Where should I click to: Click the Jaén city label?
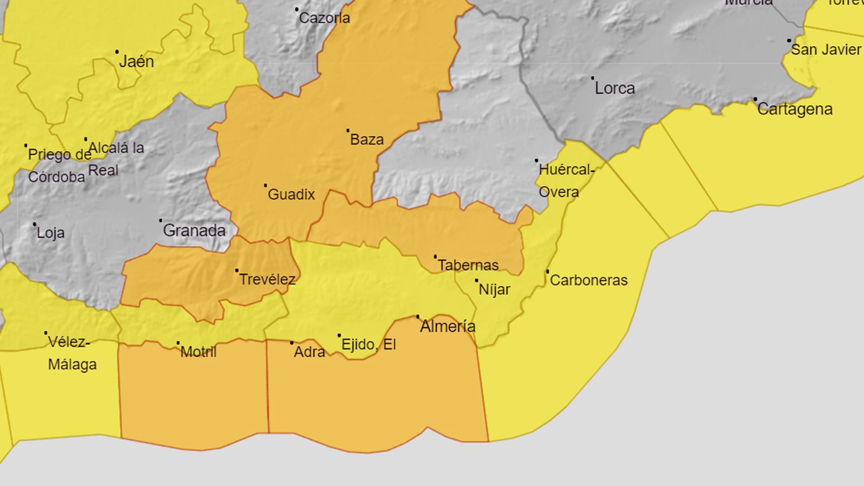pyautogui.click(x=137, y=62)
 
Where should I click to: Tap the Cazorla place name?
pyautogui.click(x=325, y=18)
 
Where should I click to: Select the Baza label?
pyautogui.click(x=367, y=139)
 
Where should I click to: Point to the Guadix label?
pyautogui.click(x=291, y=194)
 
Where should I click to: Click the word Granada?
pyautogui.click(x=194, y=231)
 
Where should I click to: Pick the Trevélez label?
pyautogui.click(x=267, y=279)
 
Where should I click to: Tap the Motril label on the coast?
pyautogui.click(x=198, y=352)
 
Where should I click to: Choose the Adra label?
pyautogui.click(x=309, y=352)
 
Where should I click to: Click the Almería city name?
pyautogui.click(x=448, y=326)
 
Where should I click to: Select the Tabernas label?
pyautogui.click(x=468, y=265)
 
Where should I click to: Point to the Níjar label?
pyautogui.click(x=494, y=289)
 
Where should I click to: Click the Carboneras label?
pyautogui.click(x=589, y=280)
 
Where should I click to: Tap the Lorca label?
pyautogui.click(x=615, y=88)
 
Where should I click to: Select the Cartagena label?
pyautogui.click(x=794, y=109)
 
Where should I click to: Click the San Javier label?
pyautogui.click(x=826, y=50)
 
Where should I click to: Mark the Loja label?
pyautogui.click(x=51, y=233)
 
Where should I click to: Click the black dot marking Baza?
pyautogui.click(x=348, y=130)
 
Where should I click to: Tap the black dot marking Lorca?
pyautogui.click(x=592, y=78)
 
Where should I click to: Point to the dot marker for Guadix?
pyautogui.click(x=265, y=185)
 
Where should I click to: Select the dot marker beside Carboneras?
pyautogui.click(x=548, y=271)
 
